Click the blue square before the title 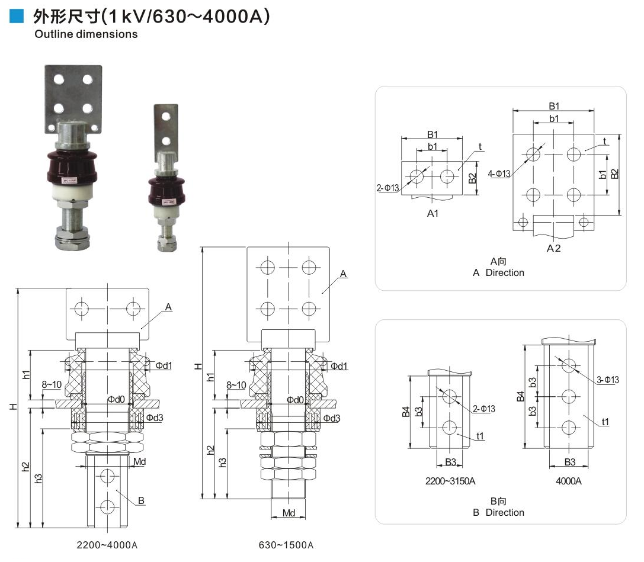tap(17, 17)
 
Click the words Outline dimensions tap(86, 34)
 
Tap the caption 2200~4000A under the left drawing tap(107, 545)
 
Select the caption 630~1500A tap(286, 545)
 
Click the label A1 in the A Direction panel tap(433, 213)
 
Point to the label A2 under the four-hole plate tap(553, 248)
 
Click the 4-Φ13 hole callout tap(499, 174)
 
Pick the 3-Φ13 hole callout tap(607, 380)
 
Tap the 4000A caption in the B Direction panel tap(568, 481)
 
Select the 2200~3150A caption tap(450, 481)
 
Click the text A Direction tap(498, 273)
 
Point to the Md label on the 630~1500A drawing tap(289, 513)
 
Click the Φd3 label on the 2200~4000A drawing tap(155, 418)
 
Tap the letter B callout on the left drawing tap(141, 501)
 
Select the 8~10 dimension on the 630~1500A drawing tap(236, 386)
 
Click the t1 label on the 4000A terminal tap(605, 422)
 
